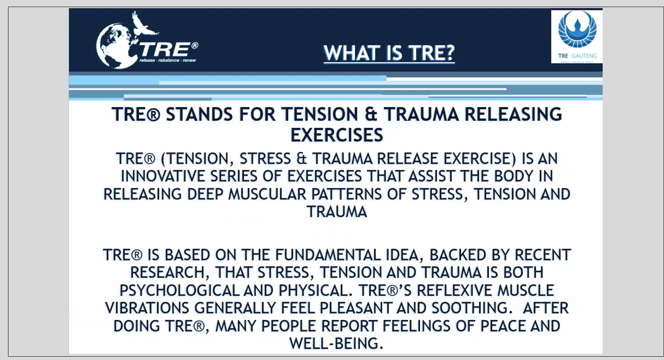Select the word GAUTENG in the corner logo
point(584,56)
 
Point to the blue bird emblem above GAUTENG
point(577,29)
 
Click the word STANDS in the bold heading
point(199,114)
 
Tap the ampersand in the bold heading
point(371,114)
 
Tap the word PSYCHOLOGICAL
point(179,290)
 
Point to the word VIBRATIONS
point(147,308)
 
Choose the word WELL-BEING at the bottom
point(336,343)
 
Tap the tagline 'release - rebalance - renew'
point(168,60)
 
